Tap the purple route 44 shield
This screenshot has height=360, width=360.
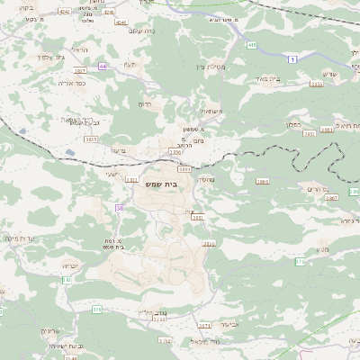(103, 66)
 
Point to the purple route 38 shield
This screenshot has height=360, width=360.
(117, 208)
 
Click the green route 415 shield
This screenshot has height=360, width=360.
(252, 44)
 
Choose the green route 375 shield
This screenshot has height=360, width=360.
(96, 309)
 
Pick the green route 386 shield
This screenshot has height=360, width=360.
(301, 262)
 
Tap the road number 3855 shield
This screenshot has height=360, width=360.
(317, 84)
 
